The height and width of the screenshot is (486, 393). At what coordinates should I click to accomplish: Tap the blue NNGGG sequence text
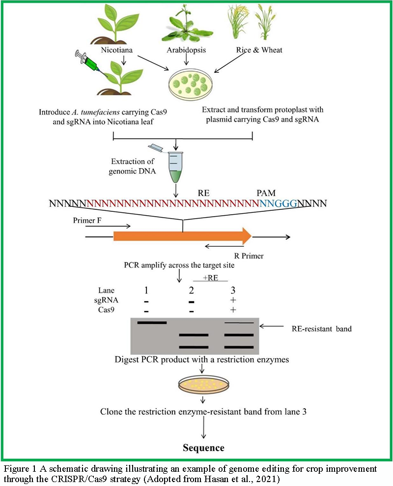click(279, 202)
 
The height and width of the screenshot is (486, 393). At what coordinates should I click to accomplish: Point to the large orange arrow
click(182, 236)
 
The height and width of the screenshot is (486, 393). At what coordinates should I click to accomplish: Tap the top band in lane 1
click(152, 323)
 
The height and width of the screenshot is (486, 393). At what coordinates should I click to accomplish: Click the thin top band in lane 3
click(239, 323)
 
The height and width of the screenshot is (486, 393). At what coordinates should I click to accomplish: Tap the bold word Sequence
click(203, 448)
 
